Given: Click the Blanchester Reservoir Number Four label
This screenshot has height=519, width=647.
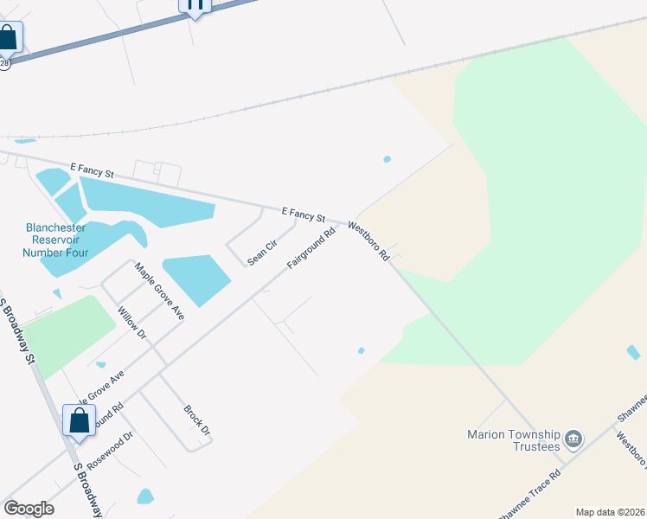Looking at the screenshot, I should click(x=55, y=240).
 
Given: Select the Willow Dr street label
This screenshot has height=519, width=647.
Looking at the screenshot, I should click(x=132, y=323).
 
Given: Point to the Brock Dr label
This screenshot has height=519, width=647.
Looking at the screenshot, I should click(x=197, y=419).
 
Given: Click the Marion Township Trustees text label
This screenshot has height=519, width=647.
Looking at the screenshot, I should click(x=514, y=440).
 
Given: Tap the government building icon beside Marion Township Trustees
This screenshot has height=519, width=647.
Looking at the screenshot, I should click(x=573, y=440).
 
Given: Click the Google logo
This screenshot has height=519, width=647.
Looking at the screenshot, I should click(x=29, y=509).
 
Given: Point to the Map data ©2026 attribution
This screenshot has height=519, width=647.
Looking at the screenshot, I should click(x=610, y=512).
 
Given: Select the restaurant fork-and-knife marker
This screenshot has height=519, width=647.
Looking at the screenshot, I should click(x=195, y=4).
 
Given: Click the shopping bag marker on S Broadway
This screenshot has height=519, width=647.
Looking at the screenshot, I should click(x=79, y=421).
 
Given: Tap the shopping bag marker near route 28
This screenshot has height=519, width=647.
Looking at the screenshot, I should click(x=8, y=38).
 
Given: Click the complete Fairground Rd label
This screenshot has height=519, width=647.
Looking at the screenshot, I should click(x=311, y=248).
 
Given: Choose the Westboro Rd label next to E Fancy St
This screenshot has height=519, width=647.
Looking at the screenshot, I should click(x=369, y=241).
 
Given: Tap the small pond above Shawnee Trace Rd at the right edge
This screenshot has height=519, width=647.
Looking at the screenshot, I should click(x=633, y=352).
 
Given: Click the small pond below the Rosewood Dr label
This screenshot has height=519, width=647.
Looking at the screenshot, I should click(x=145, y=497).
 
